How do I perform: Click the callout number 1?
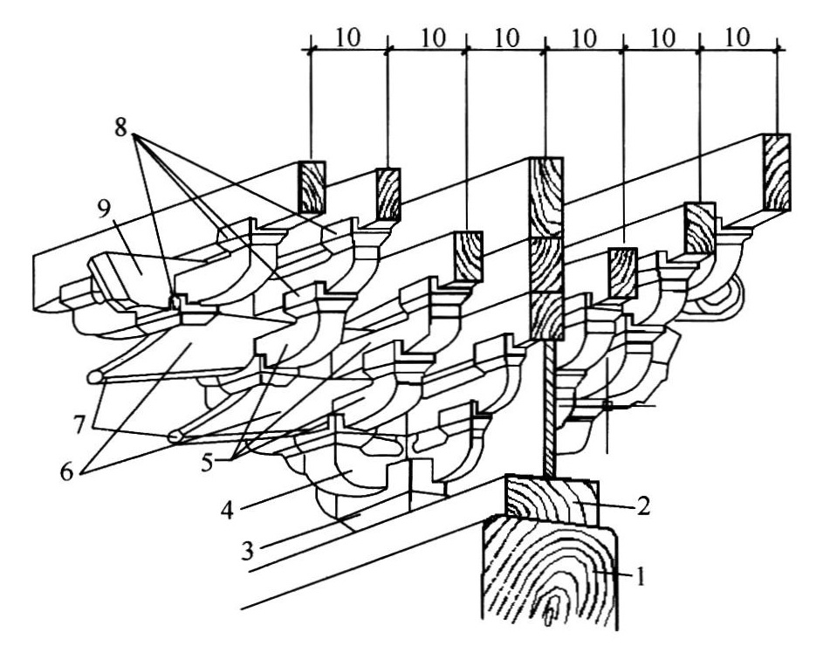[x=640, y=576]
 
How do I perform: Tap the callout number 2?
[x=642, y=505]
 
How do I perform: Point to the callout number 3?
[x=247, y=552]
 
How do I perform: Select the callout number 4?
[x=228, y=511]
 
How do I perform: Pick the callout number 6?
[x=66, y=471]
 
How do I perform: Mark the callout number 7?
[x=79, y=424]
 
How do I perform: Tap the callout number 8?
[x=121, y=127]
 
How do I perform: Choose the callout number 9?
[x=103, y=210]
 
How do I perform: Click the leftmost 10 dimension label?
[x=347, y=37]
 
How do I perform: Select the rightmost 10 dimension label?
[x=737, y=37]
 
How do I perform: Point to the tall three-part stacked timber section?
[x=546, y=249]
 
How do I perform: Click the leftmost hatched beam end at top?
[x=312, y=188]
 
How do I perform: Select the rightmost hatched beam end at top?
[x=776, y=172]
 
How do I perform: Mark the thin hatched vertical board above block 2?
[x=550, y=408]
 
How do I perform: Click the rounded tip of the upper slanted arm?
[x=95, y=376]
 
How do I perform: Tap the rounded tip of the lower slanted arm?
[x=176, y=436]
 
